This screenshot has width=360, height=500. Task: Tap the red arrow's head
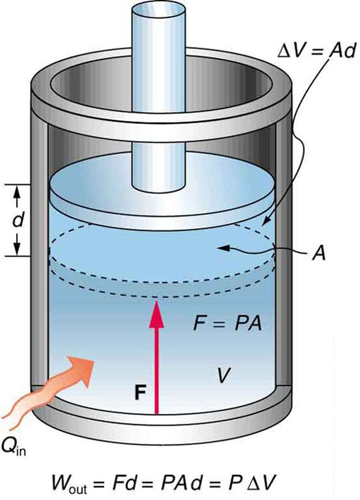pos(157,315)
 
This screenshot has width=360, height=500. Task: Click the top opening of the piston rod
pos(157,12)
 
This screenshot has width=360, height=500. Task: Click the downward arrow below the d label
pos(17,245)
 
